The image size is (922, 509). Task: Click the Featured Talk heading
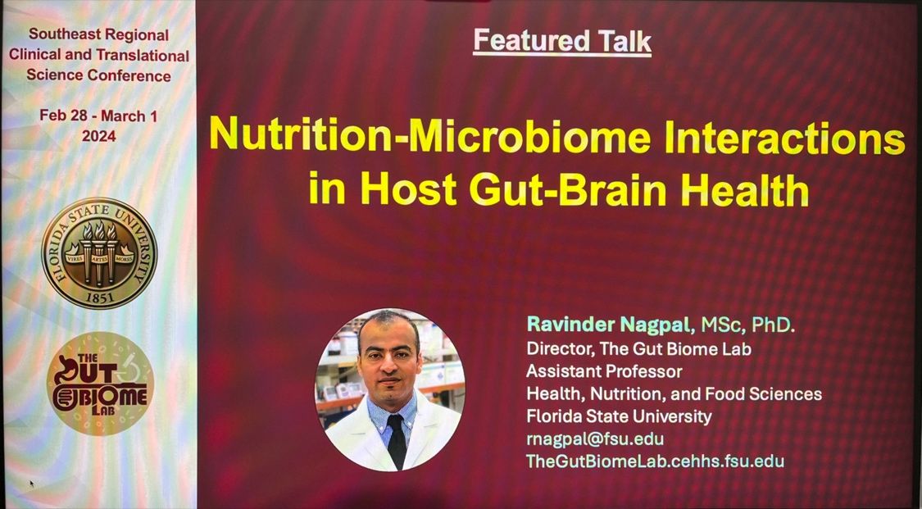click(x=562, y=41)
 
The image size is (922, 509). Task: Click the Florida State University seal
click(x=99, y=253)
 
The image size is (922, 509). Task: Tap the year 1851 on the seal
click(x=100, y=298)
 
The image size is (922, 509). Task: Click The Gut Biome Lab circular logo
click(x=101, y=384)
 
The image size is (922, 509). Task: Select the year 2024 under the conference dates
click(x=99, y=136)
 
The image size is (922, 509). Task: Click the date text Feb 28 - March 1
click(x=99, y=116)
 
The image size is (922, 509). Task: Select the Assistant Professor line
click(x=604, y=371)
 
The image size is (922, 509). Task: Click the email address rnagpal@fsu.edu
click(x=595, y=439)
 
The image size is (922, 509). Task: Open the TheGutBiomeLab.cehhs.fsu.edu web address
click(x=655, y=461)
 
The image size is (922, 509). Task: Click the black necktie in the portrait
click(x=397, y=439)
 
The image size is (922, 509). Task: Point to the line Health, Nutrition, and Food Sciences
click(x=674, y=393)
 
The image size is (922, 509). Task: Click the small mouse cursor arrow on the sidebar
click(x=32, y=484)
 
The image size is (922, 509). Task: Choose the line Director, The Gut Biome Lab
click(x=638, y=349)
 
